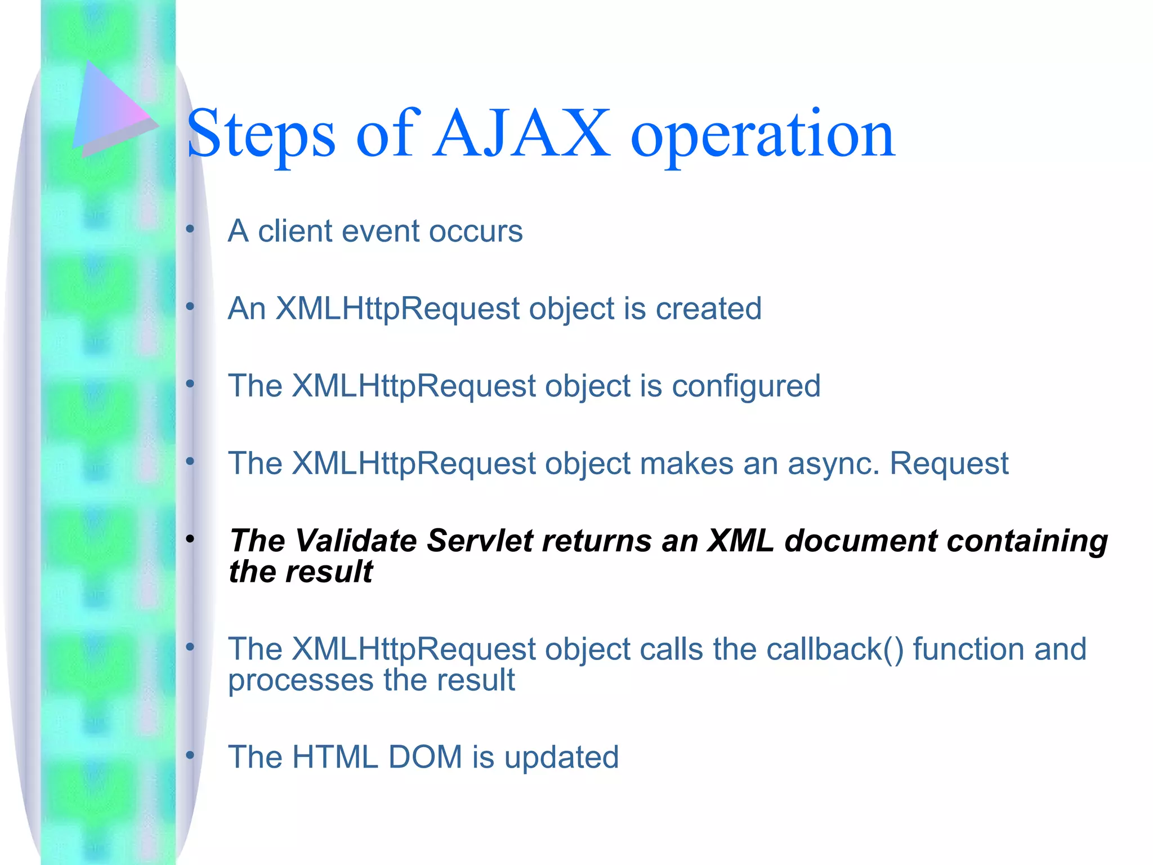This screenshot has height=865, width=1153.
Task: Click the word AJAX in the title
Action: point(522,134)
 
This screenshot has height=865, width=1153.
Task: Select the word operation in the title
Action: point(762,135)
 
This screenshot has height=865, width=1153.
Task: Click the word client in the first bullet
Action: point(295,231)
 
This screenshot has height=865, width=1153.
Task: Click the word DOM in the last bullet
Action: point(425,757)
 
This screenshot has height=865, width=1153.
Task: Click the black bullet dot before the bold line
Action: point(190,539)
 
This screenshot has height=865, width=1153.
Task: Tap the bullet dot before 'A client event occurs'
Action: point(190,229)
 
